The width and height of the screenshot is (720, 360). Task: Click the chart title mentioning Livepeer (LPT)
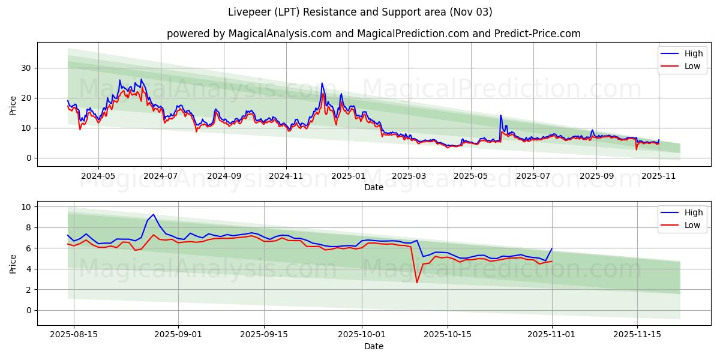pyautogui.click(x=360, y=12)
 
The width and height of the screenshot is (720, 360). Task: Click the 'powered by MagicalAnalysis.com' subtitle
pyautogui.click(x=373, y=34)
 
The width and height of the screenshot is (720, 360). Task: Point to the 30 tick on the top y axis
pyautogui.click(x=26, y=68)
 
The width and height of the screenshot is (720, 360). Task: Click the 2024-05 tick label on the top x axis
pyautogui.click(x=98, y=176)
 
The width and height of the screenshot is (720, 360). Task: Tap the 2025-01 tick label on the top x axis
pyautogui.click(x=349, y=176)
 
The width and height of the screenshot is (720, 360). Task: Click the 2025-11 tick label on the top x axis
pyautogui.click(x=659, y=176)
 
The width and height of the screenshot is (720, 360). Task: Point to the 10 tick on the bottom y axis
pyautogui.click(x=26, y=207)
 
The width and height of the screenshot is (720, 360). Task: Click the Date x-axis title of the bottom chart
pyautogui.click(x=373, y=346)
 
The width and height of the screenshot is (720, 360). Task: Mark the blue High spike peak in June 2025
pyautogui.click(x=500, y=115)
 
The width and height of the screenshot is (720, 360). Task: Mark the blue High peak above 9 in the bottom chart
pyautogui.click(x=153, y=214)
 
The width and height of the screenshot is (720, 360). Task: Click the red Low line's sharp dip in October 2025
pyautogui.click(x=417, y=283)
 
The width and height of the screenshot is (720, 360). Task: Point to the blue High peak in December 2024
pyautogui.click(x=322, y=83)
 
